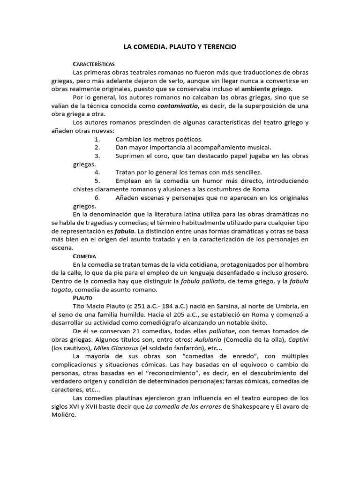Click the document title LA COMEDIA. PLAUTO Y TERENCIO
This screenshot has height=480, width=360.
[x=180, y=47]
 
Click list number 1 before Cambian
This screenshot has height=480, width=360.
[x=97, y=139]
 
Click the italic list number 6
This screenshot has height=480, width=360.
[x=97, y=198]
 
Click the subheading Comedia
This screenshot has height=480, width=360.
[x=84, y=256]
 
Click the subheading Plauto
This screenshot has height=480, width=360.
[x=82, y=298]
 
